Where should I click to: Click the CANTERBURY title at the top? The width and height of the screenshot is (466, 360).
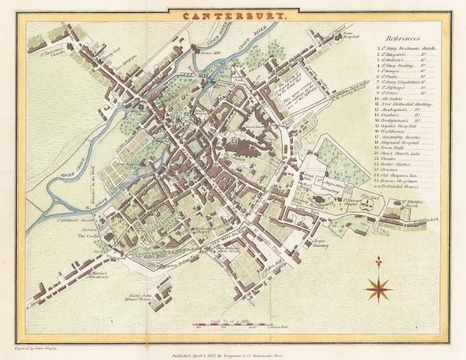[233, 15]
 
